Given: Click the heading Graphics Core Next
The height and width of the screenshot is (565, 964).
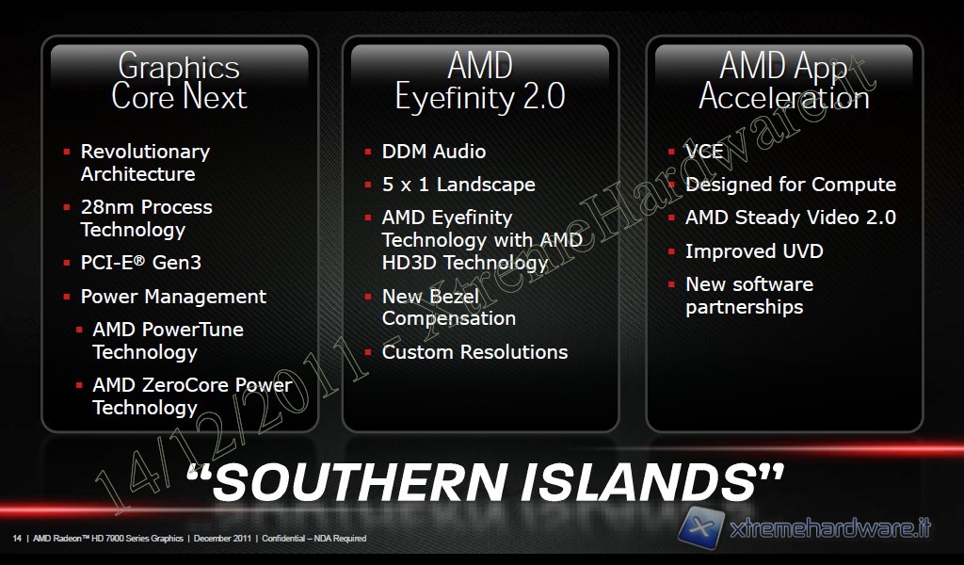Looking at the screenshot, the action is point(179,81).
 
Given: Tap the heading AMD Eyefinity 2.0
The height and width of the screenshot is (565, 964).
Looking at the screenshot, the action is point(480,81).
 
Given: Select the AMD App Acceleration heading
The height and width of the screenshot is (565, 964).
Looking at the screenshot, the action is point(784,81).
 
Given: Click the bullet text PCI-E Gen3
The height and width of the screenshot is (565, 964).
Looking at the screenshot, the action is point(141,263).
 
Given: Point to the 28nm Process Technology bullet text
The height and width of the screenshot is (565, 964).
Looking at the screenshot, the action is point(146,218).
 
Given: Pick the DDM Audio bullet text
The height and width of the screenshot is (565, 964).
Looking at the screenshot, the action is point(433,152).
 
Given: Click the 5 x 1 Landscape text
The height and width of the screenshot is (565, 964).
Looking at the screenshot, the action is point(458,185).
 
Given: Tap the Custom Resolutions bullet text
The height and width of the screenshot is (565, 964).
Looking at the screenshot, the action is point(474,351).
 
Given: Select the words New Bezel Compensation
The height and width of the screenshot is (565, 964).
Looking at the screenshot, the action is point(449,307).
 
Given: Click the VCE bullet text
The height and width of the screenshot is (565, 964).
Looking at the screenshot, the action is point(704,152).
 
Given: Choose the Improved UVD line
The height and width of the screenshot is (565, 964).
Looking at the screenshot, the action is point(754,250).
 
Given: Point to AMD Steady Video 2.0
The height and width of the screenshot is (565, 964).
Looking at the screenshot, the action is point(791,218).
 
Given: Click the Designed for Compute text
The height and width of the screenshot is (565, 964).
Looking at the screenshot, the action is point(791,185).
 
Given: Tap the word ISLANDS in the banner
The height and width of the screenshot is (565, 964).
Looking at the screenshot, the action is point(637,481).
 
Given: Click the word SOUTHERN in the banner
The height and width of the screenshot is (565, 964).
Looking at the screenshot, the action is point(361,481).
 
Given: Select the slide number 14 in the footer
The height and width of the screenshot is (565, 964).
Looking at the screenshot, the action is point(17,539).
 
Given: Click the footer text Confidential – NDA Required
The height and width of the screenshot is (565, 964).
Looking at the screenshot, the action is point(314,539).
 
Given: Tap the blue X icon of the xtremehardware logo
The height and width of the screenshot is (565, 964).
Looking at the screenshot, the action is point(700,527).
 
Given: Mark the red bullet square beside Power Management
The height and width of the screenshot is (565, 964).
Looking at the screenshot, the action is point(67,297).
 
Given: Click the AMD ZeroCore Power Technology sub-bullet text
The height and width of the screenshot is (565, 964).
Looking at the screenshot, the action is point(192,395).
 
